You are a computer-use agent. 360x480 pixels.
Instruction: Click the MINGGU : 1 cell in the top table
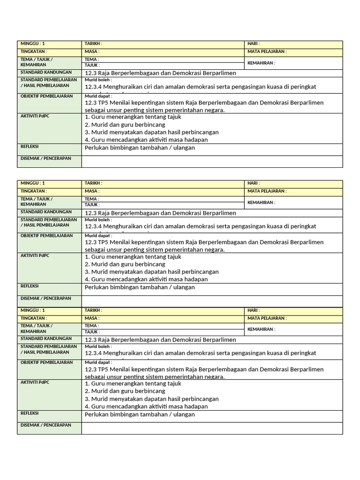coord(32,44)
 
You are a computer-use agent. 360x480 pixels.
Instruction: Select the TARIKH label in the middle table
coord(93,183)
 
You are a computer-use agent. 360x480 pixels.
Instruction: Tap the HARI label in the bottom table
coord(254,310)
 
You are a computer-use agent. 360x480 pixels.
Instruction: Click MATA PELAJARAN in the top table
coord(267,52)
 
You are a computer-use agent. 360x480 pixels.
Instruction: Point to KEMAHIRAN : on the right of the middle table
coord(261,202)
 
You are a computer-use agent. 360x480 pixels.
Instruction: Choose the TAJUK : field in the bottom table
coord(92,332)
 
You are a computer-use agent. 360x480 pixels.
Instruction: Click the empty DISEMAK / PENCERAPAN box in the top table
coord(212,161)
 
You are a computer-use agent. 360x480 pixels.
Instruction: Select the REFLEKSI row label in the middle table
coord(30,286)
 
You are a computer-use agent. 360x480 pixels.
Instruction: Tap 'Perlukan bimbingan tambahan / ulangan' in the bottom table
coord(140,414)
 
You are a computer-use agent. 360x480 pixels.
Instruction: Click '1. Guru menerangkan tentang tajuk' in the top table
coord(133,117)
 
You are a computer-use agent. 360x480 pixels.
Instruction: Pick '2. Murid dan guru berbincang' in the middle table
coord(125,264)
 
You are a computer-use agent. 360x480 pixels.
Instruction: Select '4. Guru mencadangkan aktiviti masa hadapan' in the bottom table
coord(146,406)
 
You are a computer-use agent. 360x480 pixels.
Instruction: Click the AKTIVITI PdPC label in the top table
coord(35,116)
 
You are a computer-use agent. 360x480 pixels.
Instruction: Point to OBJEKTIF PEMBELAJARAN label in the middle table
coord(47,236)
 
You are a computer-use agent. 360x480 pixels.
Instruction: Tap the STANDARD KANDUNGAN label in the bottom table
coord(46,338)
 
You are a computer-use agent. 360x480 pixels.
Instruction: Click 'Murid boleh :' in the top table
coord(98,80)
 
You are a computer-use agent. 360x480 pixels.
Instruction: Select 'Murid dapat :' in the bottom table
coord(98,362)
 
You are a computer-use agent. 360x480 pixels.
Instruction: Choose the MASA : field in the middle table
coord(92,191)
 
